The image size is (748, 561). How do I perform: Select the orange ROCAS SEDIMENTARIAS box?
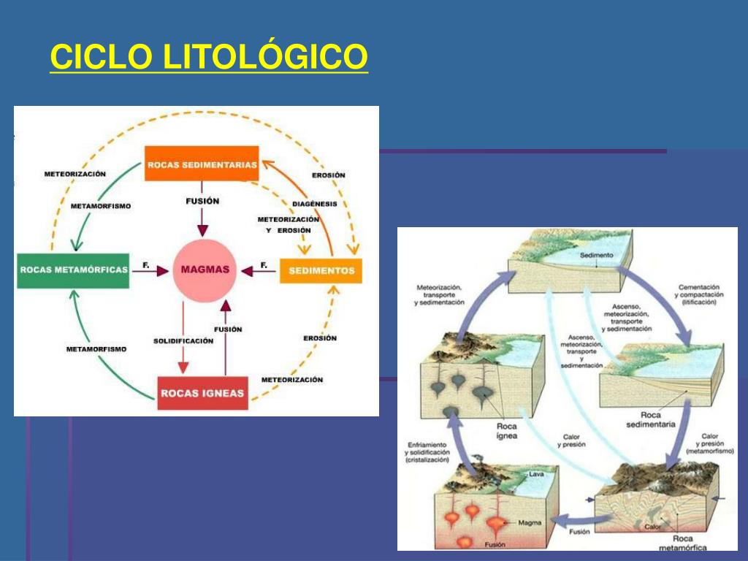[x=202, y=164]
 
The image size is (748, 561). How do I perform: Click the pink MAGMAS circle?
[x=205, y=270]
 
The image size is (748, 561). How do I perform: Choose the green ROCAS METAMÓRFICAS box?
[x=74, y=270]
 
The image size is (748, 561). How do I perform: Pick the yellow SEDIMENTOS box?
[x=321, y=270]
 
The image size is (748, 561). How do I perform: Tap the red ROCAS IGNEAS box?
[x=202, y=393]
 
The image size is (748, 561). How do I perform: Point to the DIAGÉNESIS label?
[x=314, y=204]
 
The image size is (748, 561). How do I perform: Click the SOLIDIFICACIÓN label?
[x=183, y=341]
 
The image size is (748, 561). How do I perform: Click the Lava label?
[x=536, y=474]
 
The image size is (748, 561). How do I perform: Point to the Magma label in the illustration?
[x=529, y=523]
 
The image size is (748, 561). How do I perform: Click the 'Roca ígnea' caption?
[x=508, y=431]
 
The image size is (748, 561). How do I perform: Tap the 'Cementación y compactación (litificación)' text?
[x=699, y=294]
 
